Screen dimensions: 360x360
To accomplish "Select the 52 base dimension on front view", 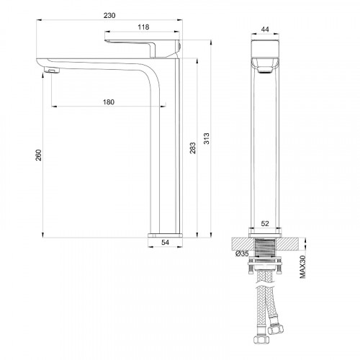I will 264,224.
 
